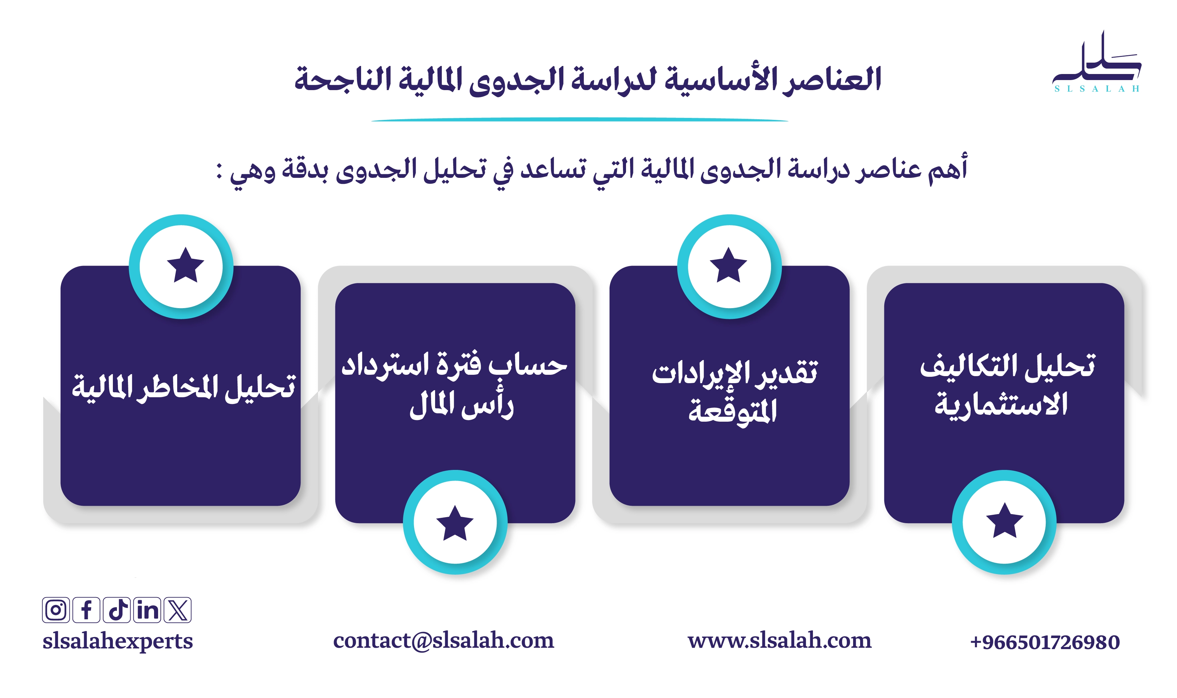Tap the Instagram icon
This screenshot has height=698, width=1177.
pos(56,610)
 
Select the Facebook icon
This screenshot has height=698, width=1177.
pos(86,610)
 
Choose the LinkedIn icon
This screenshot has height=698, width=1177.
pos(147,610)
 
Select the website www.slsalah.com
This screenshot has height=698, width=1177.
pos(779,641)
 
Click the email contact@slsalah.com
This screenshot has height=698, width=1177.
pos(443,641)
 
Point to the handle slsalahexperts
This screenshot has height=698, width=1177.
pos(118,641)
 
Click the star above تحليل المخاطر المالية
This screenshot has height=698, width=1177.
pos(185,265)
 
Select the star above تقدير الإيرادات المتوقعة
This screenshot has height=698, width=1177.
pos(729,265)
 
